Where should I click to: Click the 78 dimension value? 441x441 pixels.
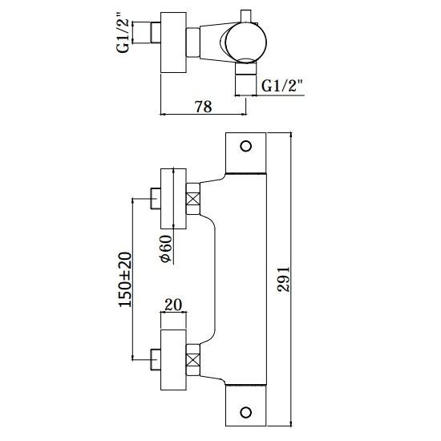(204, 107)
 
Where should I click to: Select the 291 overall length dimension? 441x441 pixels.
(284, 279)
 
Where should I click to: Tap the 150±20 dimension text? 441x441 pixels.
(125, 280)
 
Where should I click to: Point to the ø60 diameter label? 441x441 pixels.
(165, 249)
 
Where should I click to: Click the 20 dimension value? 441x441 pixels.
(173, 305)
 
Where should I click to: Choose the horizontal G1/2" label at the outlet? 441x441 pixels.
(282, 86)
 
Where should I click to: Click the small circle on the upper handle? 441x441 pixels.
(246, 146)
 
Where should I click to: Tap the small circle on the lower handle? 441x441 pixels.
(246, 412)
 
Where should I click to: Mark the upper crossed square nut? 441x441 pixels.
(193, 199)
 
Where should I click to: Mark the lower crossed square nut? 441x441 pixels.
(193, 360)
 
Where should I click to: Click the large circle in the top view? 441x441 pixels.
(246, 42)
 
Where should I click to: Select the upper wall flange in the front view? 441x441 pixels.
(173, 199)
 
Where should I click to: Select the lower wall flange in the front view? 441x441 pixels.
(173, 360)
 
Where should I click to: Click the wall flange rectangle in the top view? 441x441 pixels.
(173, 42)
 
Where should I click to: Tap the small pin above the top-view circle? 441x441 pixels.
(246, 16)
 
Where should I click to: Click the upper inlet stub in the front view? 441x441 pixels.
(156, 199)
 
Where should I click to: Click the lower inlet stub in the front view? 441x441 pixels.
(156, 360)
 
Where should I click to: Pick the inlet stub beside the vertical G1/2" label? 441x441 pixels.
(156, 33)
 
